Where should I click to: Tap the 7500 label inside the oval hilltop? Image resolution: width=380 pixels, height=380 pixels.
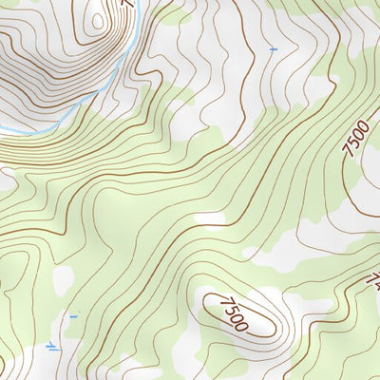point(234,314)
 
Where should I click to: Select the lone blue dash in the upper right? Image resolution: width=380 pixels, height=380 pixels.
point(275,48)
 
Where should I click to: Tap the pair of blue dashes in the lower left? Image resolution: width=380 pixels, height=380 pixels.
point(53,349)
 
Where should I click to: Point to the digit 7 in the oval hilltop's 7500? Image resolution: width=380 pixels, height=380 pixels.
point(225,303)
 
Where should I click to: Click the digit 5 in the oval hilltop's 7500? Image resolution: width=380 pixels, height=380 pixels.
point(231,311)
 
